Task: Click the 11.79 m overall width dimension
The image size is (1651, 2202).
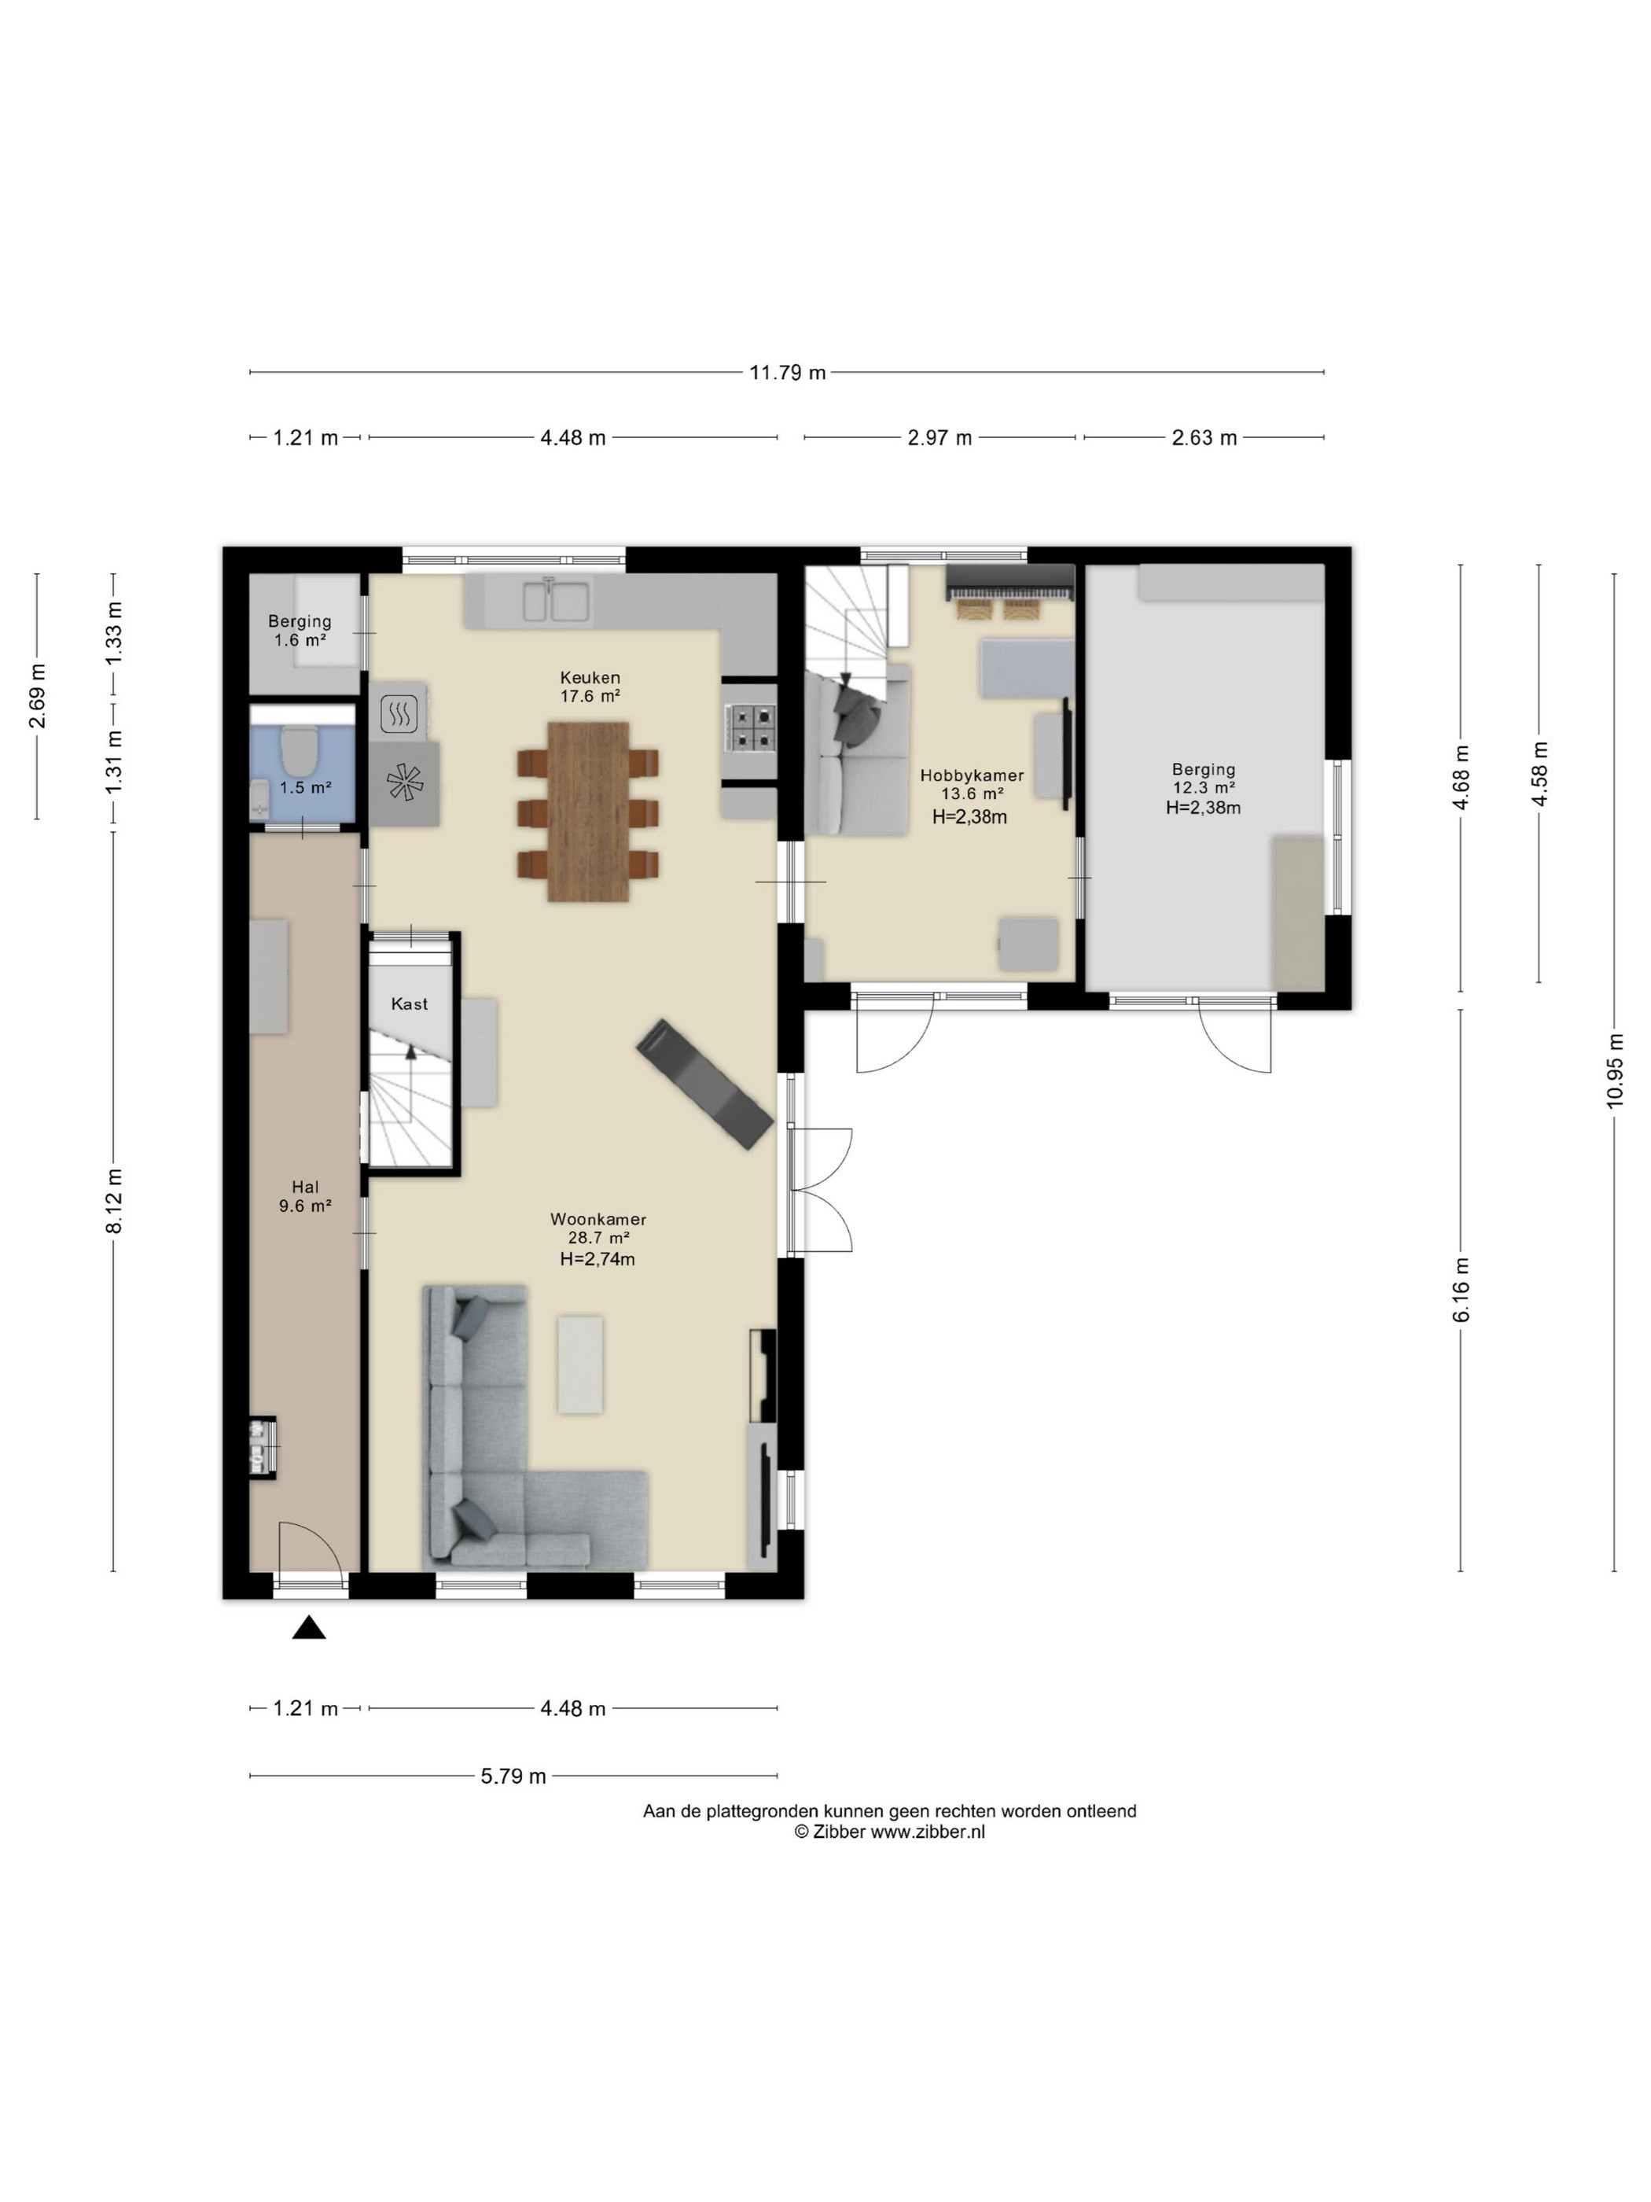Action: tap(786, 372)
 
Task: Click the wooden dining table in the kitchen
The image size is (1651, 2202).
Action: tap(588, 812)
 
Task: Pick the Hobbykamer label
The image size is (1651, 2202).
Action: tap(971, 775)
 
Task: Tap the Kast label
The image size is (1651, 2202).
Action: tap(409, 1003)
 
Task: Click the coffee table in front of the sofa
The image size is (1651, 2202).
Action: tap(580, 1364)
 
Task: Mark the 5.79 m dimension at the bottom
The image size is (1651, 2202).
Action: tap(513, 1776)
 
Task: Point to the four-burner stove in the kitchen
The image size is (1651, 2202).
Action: tap(748, 727)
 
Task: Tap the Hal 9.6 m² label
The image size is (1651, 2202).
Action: tap(306, 1195)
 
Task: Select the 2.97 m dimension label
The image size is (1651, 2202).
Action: tap(939, 438)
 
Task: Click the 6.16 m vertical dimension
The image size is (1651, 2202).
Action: tap(1461, 1291)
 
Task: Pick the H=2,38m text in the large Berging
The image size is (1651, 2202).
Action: tap(1203, 808)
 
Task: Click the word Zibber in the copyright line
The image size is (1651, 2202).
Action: tap(839, 1831)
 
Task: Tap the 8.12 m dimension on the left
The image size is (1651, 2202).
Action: tap(113, 1201)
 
